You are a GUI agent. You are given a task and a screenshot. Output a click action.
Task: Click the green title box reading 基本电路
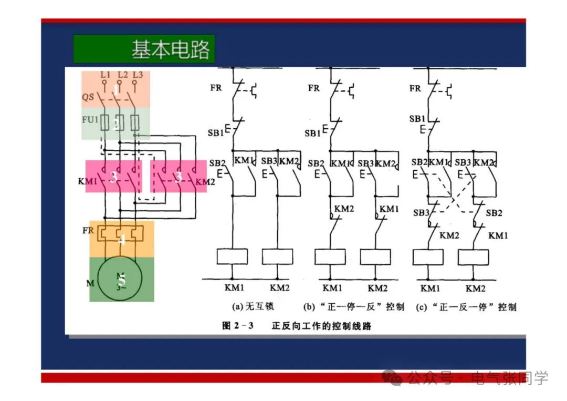coord(144,49)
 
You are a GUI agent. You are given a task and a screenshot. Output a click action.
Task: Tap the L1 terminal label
coord(105,75)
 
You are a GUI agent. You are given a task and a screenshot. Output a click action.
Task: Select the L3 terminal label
coord(138,75)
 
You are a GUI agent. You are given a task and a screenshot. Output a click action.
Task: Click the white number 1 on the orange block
coord(116,90)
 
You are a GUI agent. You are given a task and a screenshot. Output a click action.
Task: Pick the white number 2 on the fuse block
coord(116,124)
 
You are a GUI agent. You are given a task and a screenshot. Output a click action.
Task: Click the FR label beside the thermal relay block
coord(88,231)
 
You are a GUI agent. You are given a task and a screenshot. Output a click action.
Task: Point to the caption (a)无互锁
coord(253,306)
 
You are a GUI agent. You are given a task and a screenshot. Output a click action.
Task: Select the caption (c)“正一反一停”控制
coord(466,306)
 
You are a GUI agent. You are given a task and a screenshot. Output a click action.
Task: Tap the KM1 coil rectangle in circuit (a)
coord(232,256)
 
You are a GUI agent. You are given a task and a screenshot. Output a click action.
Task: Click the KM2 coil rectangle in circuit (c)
coord(474,256)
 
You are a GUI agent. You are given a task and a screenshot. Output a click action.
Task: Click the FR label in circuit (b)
coord(314,88)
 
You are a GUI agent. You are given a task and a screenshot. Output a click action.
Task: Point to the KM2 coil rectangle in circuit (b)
coord(375,256)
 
